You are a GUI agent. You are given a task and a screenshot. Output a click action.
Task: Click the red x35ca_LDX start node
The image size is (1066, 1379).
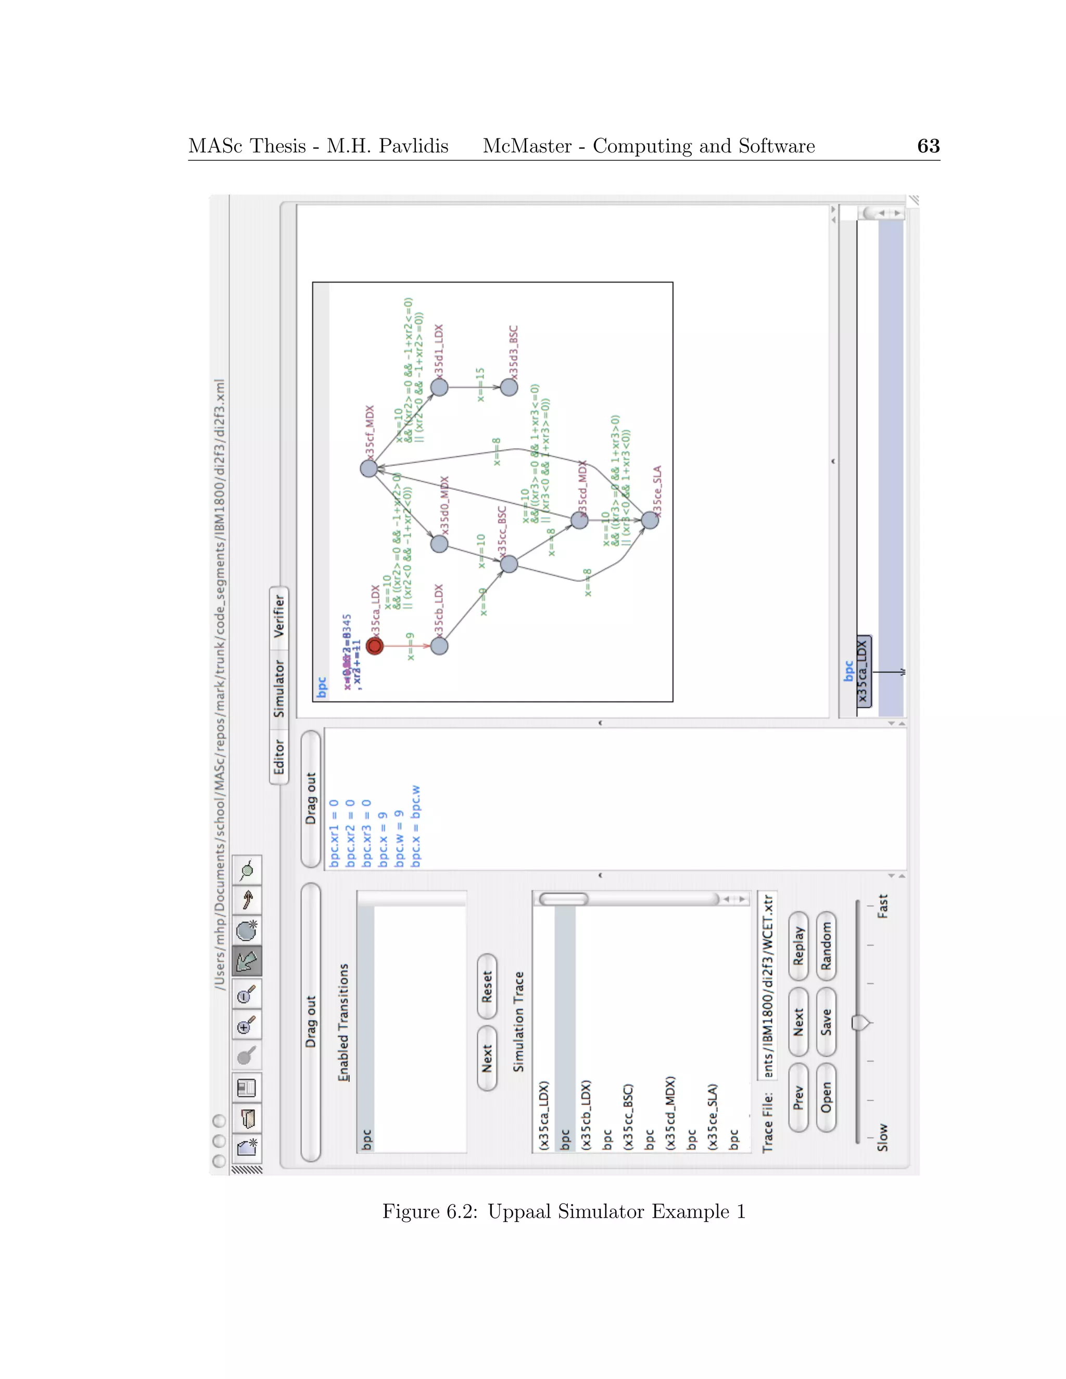(374, 646)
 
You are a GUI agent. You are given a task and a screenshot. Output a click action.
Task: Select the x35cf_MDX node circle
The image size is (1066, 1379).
(369, 468)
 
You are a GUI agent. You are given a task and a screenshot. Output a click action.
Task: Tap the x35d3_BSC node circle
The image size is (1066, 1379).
(509, 387)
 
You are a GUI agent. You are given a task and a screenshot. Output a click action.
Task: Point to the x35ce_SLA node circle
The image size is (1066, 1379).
(650, 520)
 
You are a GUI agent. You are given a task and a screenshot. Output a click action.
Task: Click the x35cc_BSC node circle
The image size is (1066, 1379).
(509, 564)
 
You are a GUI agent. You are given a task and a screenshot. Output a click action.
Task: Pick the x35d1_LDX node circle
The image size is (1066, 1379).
(439, 387)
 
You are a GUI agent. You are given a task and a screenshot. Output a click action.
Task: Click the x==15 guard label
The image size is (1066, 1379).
(480, 385)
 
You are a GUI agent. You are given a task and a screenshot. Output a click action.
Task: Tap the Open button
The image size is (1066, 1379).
(826, 1097)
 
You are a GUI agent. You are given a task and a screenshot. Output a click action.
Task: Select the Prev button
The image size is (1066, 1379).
(798, 1097)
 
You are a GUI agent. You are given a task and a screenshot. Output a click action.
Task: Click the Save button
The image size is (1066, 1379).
(826, 1022)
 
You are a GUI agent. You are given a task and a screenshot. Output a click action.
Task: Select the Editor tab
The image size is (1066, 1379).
(278, 757)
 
